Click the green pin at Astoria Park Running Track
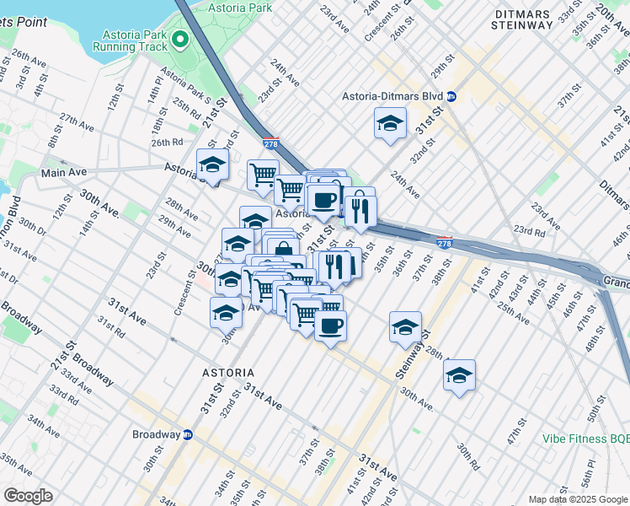tap(179, 40)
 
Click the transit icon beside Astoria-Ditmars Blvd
tap(451, 97)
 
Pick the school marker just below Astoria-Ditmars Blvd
tap(390, 125)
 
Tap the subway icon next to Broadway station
tap(188, 435)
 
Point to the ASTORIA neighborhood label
tap(227, 372)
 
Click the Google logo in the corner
tap(28, 496)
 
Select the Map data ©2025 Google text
tap(577, 499)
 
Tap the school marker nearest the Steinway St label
tap(405, 327)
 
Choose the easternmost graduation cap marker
tap(459, 375)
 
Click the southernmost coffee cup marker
tap(330, 326)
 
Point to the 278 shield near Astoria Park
tap(270, 144)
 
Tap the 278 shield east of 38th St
tap(446, 243)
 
